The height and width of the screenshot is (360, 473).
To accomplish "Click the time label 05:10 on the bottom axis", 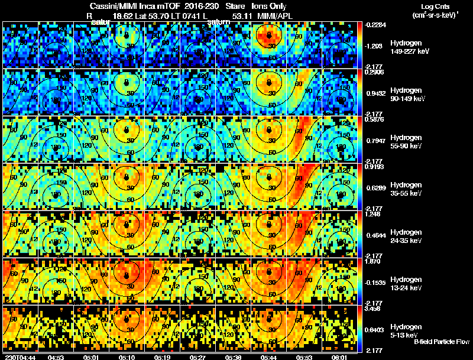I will click(127, 357).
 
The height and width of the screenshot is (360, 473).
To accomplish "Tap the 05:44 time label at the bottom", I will click(269, 357).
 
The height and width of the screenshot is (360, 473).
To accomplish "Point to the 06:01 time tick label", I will click(340, 357).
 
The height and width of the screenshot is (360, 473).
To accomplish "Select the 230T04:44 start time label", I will click(20, 357).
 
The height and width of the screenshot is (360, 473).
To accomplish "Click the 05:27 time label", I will click(197, 357).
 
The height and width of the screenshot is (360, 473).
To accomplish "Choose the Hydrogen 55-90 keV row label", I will click(407, 141).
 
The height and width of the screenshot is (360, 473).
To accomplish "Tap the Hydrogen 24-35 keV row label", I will click(407, 236).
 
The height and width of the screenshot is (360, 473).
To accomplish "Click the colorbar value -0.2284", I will click(377, 24).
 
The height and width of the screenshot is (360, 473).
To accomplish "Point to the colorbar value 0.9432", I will click(376, 93).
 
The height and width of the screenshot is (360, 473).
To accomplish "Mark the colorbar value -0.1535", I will click(377, 283).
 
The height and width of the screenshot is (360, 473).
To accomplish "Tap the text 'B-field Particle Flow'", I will click(441, 342).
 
